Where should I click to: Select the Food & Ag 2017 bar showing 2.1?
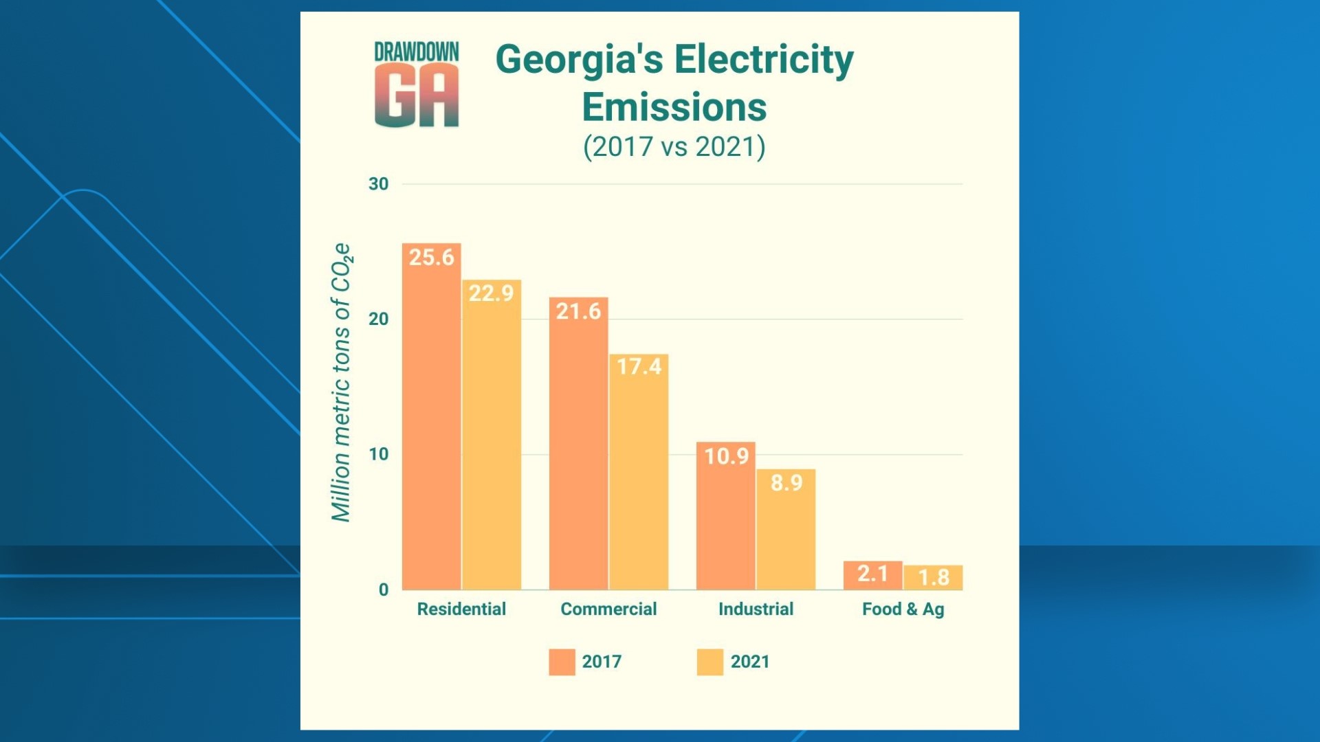(x=872, y=575)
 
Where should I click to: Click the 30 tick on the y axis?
(x=378, y=184)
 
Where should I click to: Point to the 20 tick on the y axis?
(x=378, y=319)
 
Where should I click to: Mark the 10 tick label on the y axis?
(x=378, y=454)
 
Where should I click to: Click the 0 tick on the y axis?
(x=384, y=589)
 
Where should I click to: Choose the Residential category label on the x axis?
(x=461, y=609)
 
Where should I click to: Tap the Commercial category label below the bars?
(x=608, y=609)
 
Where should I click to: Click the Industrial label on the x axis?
(x=756, y=609)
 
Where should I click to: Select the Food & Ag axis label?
(x=903, y=609)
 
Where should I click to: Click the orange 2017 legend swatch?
(x=562, y=662)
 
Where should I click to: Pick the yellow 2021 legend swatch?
(x=709, y=662)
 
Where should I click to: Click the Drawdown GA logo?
(x=417, y=85)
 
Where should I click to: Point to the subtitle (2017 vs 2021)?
(x=674, y=147)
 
